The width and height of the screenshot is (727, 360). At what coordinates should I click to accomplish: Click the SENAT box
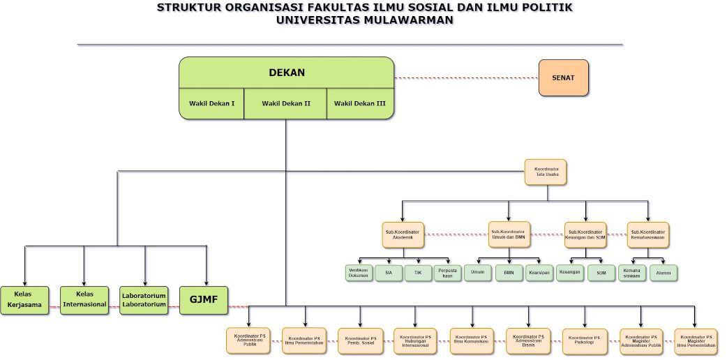563,77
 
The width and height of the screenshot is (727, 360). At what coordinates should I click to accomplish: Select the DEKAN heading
287,73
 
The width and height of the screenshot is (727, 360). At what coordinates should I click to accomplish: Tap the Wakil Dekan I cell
211,104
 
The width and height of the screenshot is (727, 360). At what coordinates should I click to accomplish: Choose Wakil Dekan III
360,104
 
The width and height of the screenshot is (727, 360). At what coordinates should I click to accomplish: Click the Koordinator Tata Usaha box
546,172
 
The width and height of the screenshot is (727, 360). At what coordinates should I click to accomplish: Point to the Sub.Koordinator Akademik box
403,234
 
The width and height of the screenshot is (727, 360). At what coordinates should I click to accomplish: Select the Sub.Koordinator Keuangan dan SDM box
585,234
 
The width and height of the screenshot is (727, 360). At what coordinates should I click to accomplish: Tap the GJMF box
204,300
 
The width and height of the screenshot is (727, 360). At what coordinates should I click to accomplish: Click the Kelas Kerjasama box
25,300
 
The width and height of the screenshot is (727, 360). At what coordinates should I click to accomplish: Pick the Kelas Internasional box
84,300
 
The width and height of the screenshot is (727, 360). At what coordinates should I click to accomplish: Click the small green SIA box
389,273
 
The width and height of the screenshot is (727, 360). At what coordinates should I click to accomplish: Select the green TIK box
418,273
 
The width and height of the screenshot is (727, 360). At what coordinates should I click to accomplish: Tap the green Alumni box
664,273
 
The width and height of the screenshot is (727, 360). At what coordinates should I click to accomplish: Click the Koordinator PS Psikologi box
584,341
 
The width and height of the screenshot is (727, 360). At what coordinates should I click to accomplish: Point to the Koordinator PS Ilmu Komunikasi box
472,340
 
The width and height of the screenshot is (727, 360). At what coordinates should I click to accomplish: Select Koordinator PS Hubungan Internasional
415,341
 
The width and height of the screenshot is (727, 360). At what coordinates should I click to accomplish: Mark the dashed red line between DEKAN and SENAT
466,77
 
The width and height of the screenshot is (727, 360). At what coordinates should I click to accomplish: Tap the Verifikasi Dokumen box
359,273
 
